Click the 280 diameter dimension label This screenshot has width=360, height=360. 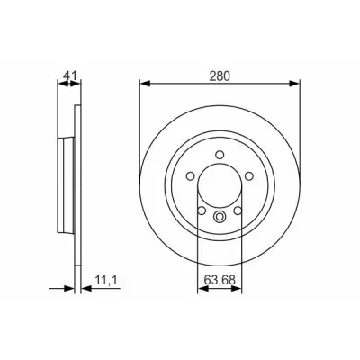point(220,76)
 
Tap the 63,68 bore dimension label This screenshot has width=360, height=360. point(220,280)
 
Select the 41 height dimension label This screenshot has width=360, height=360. point(70,76)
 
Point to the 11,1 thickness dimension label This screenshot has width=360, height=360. point(105,280)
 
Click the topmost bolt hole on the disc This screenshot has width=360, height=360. point(220,155)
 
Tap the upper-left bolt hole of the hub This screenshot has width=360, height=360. point(191,176)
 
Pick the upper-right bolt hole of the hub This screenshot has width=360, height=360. point(249,176)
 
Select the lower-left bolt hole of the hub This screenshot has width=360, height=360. point(202,211)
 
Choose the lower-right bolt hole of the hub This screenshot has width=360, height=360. point(238,211)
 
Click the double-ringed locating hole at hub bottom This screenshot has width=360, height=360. point(220,216)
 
